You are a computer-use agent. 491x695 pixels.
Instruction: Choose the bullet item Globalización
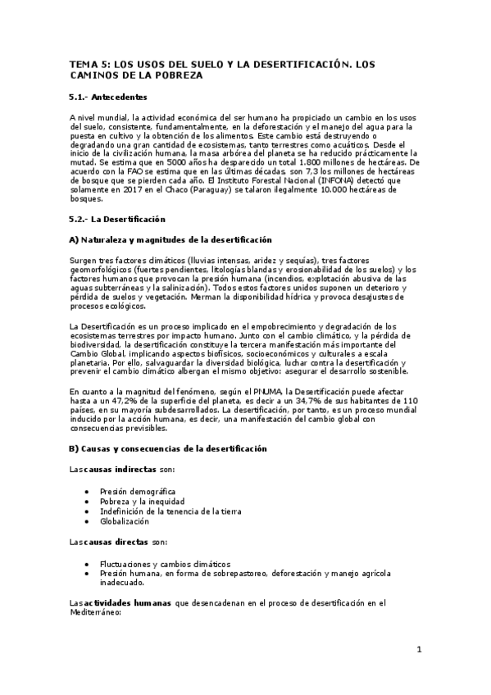[x=125, y=520]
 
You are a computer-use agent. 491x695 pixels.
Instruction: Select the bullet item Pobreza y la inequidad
[x=142, y=500]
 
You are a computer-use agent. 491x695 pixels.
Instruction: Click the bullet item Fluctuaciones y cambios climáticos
[x=165, y=564]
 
